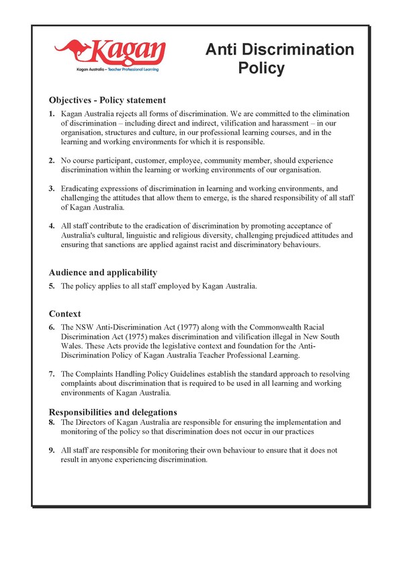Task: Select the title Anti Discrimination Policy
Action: click(279, 58)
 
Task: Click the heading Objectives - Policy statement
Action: click(105, 101)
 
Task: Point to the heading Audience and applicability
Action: click(103, 272)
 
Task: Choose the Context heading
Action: click(65, 314)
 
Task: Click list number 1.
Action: click(52, 115)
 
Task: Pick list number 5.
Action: click(52, 286)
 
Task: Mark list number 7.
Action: click(52, 373)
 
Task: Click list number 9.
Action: click(52, 450)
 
